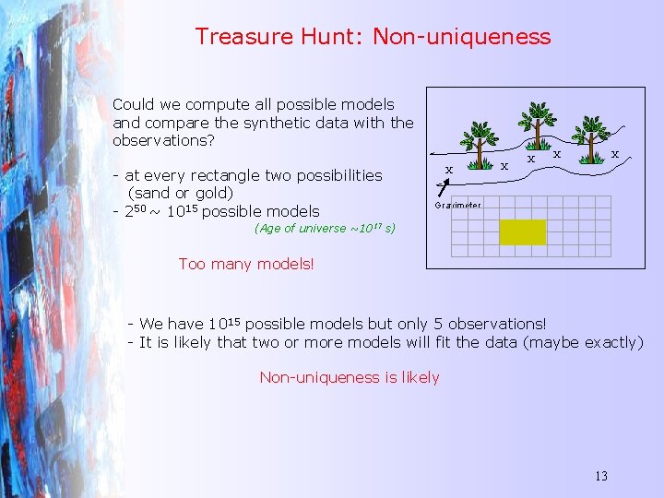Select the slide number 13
click(601, 477)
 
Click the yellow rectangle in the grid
click(522, 231)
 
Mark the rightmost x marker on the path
click(615, 154)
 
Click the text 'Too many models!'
click(246, 265)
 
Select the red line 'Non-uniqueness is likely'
click(350, 377)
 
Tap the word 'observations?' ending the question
click(163, 141)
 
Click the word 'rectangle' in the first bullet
click(231, 175)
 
